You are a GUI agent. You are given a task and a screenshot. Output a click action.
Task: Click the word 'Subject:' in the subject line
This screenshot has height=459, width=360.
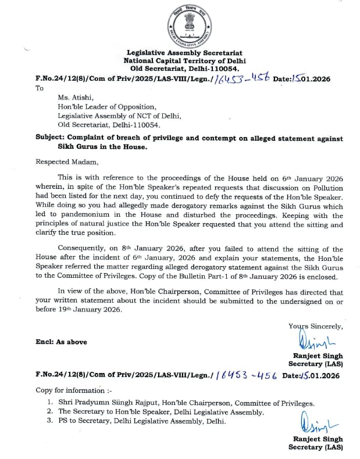50,138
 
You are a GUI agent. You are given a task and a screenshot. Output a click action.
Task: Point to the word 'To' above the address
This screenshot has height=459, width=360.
40,88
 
